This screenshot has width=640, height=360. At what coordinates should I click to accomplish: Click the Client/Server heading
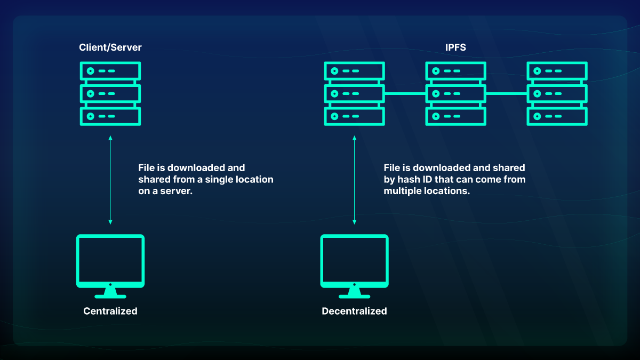click(x=110, y=47)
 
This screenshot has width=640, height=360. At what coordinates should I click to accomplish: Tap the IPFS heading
click(x=455, y=47)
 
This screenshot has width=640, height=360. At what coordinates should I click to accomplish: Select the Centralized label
click(x=110, y=311)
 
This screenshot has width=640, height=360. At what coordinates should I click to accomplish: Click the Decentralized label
click(x=354, y=311)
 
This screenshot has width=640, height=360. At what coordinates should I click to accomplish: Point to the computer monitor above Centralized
click(x=110, y=261)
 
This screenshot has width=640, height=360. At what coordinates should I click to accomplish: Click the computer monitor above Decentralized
click(x=354, y=261)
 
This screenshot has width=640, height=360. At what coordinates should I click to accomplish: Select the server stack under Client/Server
click(x=110, y=94)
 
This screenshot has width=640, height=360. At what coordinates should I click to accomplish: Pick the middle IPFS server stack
click(x=455, y=94)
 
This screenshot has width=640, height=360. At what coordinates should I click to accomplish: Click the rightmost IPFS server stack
click(x=557, y=94)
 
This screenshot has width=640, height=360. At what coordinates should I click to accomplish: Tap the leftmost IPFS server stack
click(x=354, y=94)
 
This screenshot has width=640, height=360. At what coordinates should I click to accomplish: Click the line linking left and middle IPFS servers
click(x=405, y=94)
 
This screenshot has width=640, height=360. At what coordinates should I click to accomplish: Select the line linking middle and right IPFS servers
click(x=506, y=94)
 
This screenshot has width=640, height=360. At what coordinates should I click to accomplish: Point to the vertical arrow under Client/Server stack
click(x=110, y=180)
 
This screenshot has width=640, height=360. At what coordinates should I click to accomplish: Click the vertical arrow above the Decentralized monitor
click(x=354, y=180)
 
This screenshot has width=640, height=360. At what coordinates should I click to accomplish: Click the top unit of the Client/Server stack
click(x=110, y=71)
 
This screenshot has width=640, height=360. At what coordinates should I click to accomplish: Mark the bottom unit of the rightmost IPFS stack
click(x=557, y=116)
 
